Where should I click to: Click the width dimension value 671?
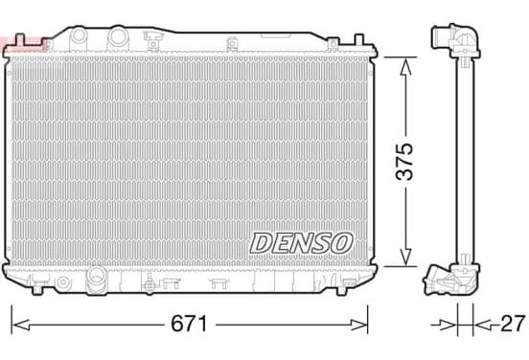click(x=189, y=324)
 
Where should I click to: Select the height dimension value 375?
click(x=404, y=162)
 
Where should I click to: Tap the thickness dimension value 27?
click(x=513, y=324)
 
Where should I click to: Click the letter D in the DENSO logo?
click(x=262, y=243)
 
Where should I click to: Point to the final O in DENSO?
click(x=342, y=242)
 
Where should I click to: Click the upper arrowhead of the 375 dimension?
click(x=405, y=66)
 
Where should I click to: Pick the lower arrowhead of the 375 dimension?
click(x=405, y=258)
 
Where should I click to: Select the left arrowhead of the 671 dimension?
click(x=20, y=325)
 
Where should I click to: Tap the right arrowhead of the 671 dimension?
click(x=358, y=325)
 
